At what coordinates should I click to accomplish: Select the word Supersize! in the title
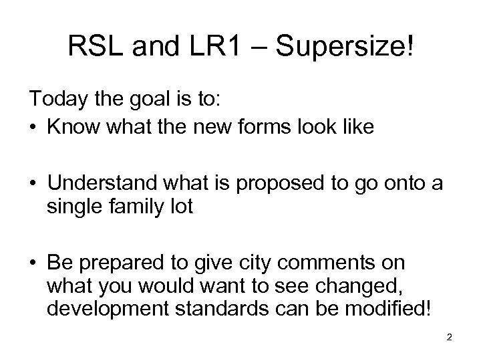coord(345,46)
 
